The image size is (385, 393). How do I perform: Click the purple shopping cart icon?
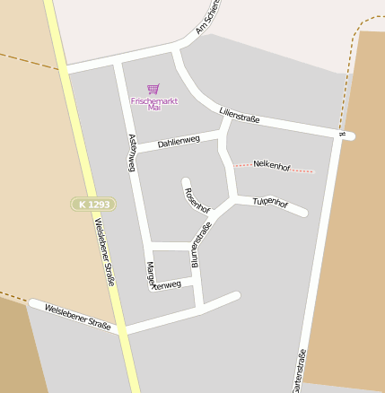pos(153,89)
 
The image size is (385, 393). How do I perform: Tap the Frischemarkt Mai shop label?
pos(154,103)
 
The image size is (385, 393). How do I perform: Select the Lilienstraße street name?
pos(239,116)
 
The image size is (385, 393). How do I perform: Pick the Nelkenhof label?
pos(272,165)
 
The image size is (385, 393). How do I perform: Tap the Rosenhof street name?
pos(197,199)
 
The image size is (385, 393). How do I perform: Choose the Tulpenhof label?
pos(270,203)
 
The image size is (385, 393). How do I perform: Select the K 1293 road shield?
pos(93,205)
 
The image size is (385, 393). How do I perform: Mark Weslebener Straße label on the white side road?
pos(76,317)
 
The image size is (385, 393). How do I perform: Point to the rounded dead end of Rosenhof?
pos(186,182)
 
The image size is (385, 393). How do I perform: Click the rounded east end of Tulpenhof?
pos(302,213)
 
